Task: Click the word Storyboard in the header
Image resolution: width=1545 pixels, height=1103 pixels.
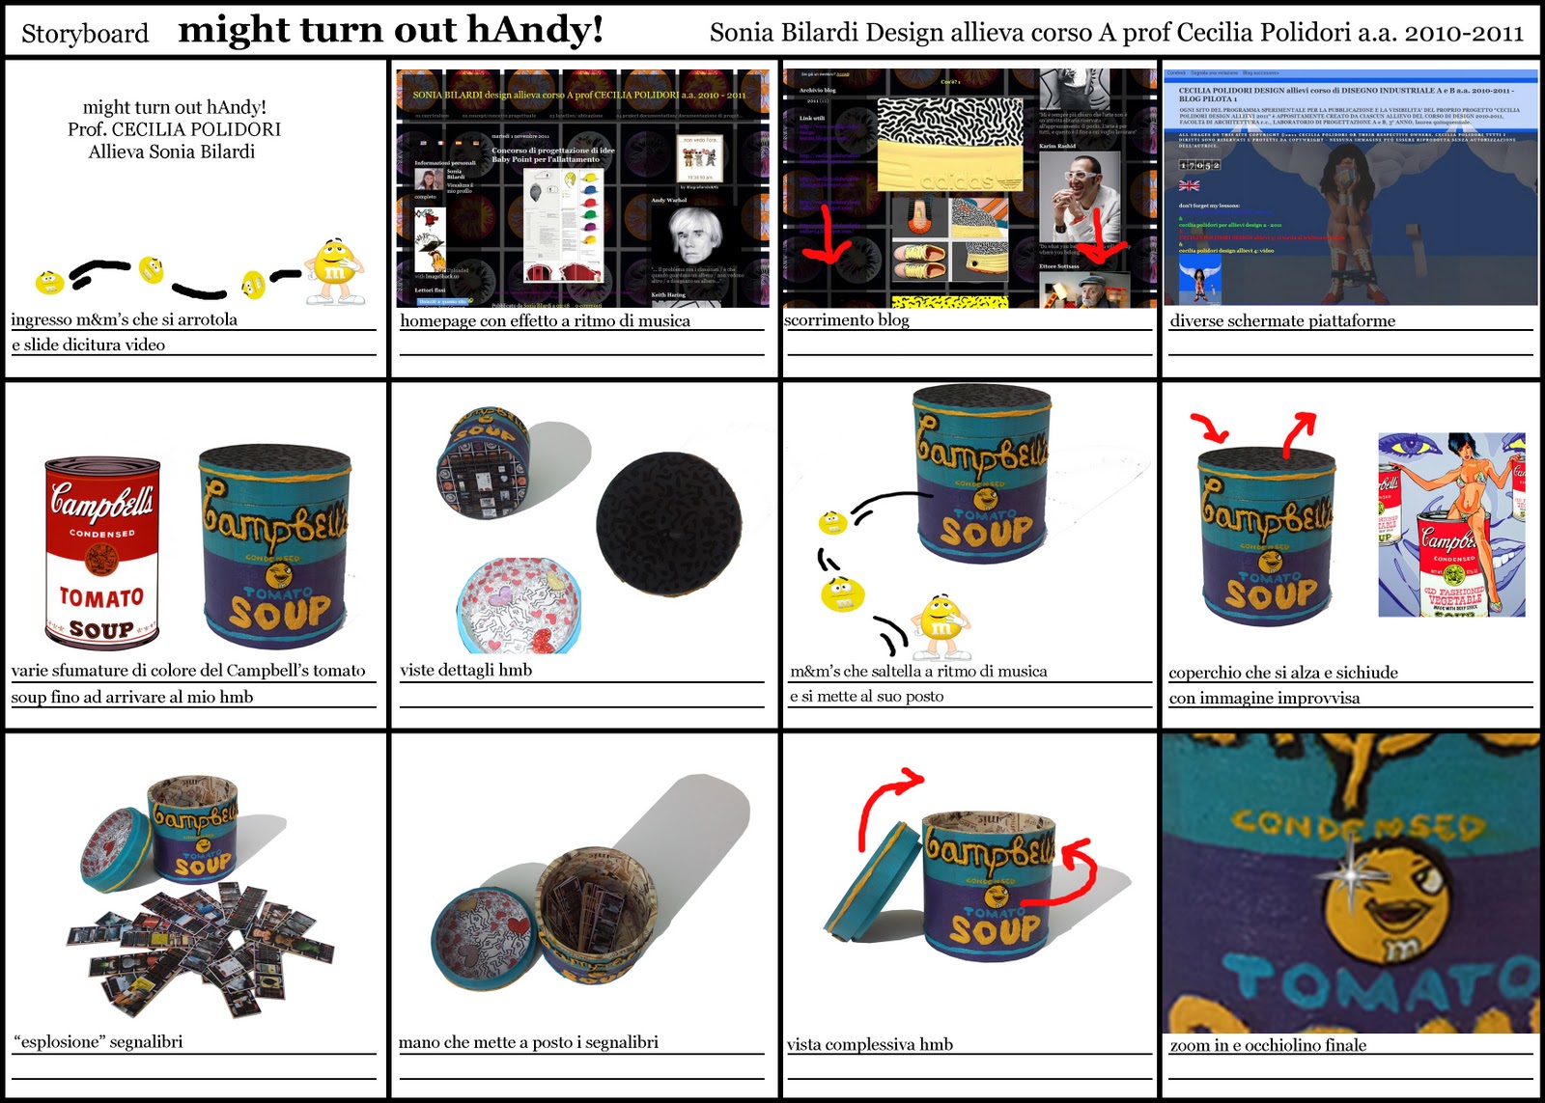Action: [x=85, y=34]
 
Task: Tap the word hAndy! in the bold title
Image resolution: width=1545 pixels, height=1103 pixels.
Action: [x=536, y=30]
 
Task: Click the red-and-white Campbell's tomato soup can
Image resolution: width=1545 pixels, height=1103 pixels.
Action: [x=102, y=551]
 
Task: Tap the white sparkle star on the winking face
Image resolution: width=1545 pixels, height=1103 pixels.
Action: [x=1349, y=874]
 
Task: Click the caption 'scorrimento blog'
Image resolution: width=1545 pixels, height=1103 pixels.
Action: [x=847, y=319]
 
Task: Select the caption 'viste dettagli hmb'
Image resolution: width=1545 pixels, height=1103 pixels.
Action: [x=465, y=670]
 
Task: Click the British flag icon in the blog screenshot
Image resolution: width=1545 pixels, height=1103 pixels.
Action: [x=1189, y=184]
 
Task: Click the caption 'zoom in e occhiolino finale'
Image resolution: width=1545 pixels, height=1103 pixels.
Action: [x=1268, y=1045]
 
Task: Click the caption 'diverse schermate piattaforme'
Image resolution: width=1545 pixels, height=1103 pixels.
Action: [x=1282, y=320]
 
